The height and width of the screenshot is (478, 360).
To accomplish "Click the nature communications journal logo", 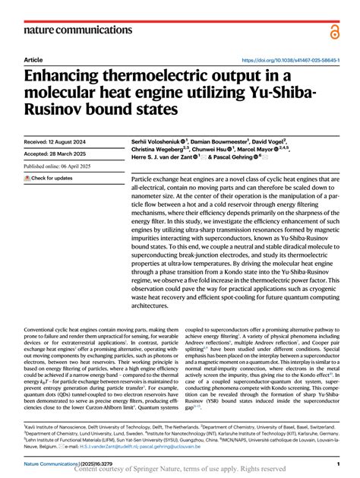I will click(x=67, y=30).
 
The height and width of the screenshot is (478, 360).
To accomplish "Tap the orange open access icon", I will click(x=333, y=30).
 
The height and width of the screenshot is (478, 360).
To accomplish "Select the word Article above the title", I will click(x=33, y=59).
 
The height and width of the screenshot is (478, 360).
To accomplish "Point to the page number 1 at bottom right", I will click(x=336, y=463).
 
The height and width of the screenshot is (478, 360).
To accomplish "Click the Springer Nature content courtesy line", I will click(x=180, y=470).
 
